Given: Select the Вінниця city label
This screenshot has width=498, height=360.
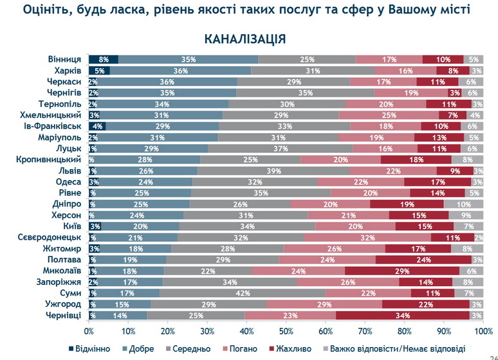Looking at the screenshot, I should pyautogui.click(x=64, y=59).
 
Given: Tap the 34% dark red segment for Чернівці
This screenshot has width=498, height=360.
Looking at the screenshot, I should pyautogui.click(x=403, y=316).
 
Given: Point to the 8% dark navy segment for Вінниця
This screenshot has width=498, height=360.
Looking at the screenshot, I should pyautogui.click(x=104, y=59).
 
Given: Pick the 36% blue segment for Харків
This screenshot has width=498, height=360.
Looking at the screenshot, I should pyautogui.click(x=180, y=71).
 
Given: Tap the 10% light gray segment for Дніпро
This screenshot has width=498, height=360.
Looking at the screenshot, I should pyautogui.click(x=463, y=204).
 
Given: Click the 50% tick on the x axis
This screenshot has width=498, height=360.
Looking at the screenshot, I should pyautogui.click(x=286, y=331).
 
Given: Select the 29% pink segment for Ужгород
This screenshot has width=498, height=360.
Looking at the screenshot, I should pyautogui.click(x=324, y=304).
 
